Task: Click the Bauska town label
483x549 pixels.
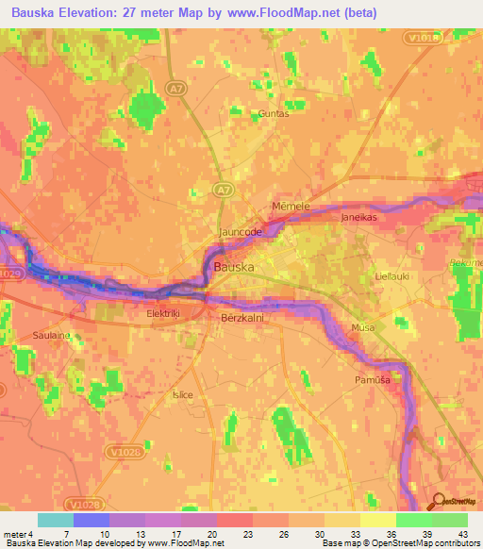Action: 234,267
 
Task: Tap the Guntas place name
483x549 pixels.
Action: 274,113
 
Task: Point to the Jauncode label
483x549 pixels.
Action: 240,232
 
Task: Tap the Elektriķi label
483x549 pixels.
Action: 170,313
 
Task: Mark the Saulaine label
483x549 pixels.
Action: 53,336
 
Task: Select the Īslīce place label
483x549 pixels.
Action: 182,394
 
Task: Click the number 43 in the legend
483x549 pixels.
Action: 461,533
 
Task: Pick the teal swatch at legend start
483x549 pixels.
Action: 55,520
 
